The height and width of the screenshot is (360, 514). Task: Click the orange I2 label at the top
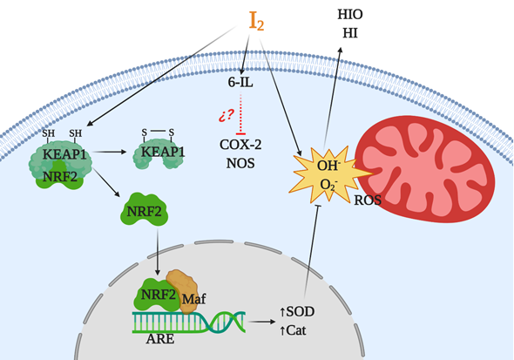[x=256, y=22]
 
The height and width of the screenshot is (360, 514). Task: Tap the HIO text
[x=350, y=15]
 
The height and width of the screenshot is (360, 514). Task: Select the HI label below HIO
[x=350, y=33]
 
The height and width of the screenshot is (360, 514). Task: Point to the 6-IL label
[x=240, y=82]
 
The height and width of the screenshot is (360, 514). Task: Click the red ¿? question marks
[x=227, y=115]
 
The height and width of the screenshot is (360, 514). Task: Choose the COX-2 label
[x=240, y=145]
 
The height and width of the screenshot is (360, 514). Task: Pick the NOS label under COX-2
[x=240, y=163]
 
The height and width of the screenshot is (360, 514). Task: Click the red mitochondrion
[x=425, y=169]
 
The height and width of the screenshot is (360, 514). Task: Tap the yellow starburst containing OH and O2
[x=328, y=174]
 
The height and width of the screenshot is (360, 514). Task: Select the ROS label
[x=368, y=200]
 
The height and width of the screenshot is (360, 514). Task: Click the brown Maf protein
[x=182, y=291]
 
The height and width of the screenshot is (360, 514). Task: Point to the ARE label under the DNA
[x=159, y=339]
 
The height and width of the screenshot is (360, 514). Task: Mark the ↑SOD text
[x=297, y=311]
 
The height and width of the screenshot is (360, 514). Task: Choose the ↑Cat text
[x=293, y=330]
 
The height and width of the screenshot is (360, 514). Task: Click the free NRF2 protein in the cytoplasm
[x=145, y=209]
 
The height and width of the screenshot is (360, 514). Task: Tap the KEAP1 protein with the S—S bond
[x=159, y=153]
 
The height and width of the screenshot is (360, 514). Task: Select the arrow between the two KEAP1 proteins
[x=109, y=152]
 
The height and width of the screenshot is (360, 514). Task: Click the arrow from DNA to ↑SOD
[x=261, y=322]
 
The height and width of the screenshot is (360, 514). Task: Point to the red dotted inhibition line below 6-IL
[x=241, y=114]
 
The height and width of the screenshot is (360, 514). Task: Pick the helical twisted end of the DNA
[x=227, y=322]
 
